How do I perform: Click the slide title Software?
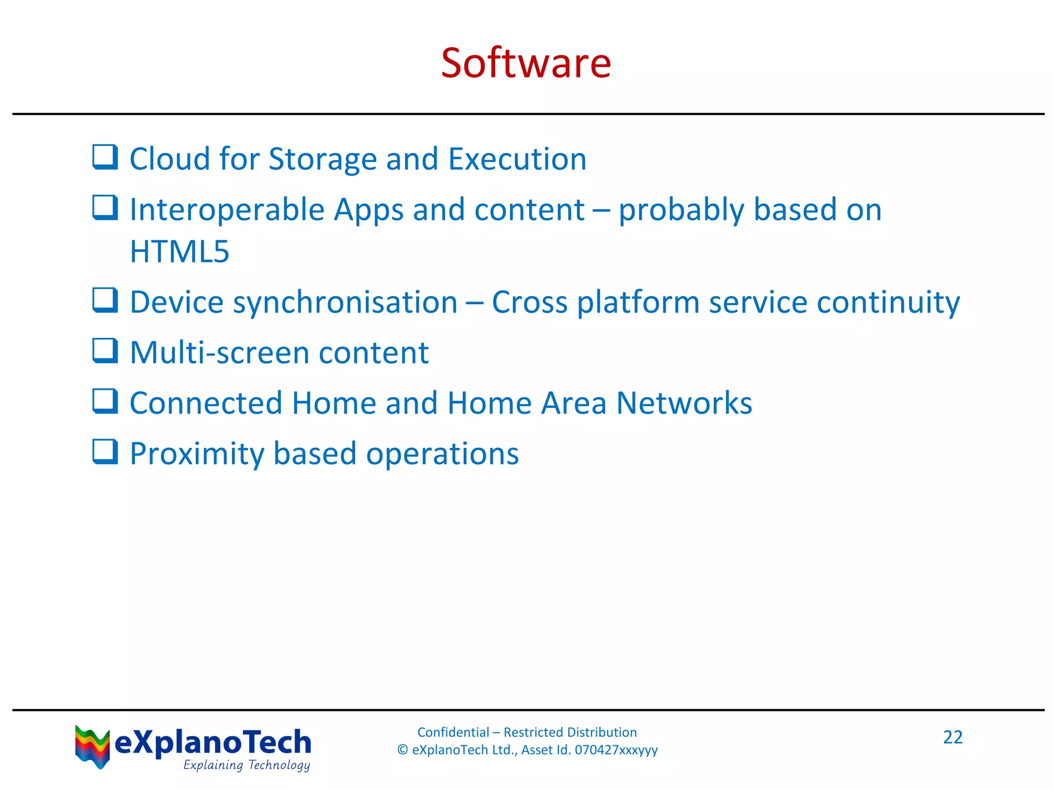pos(526,63)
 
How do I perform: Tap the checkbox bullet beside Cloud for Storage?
pos(105,157)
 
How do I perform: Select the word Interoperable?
pos(227,210)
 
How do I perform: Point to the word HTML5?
pos(179,252)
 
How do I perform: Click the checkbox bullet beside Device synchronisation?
pos(105,300)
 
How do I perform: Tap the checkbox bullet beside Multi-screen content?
pos(105,351)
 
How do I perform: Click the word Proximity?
pos(196,454)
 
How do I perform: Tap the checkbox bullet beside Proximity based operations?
pos(105,452)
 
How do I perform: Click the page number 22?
pos(952,737)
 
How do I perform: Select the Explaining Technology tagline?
pos(246,765)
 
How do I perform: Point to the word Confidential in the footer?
pos(453,732)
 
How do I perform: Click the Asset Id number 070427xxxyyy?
pos(616,750)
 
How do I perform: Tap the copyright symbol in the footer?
pos(403,750)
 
